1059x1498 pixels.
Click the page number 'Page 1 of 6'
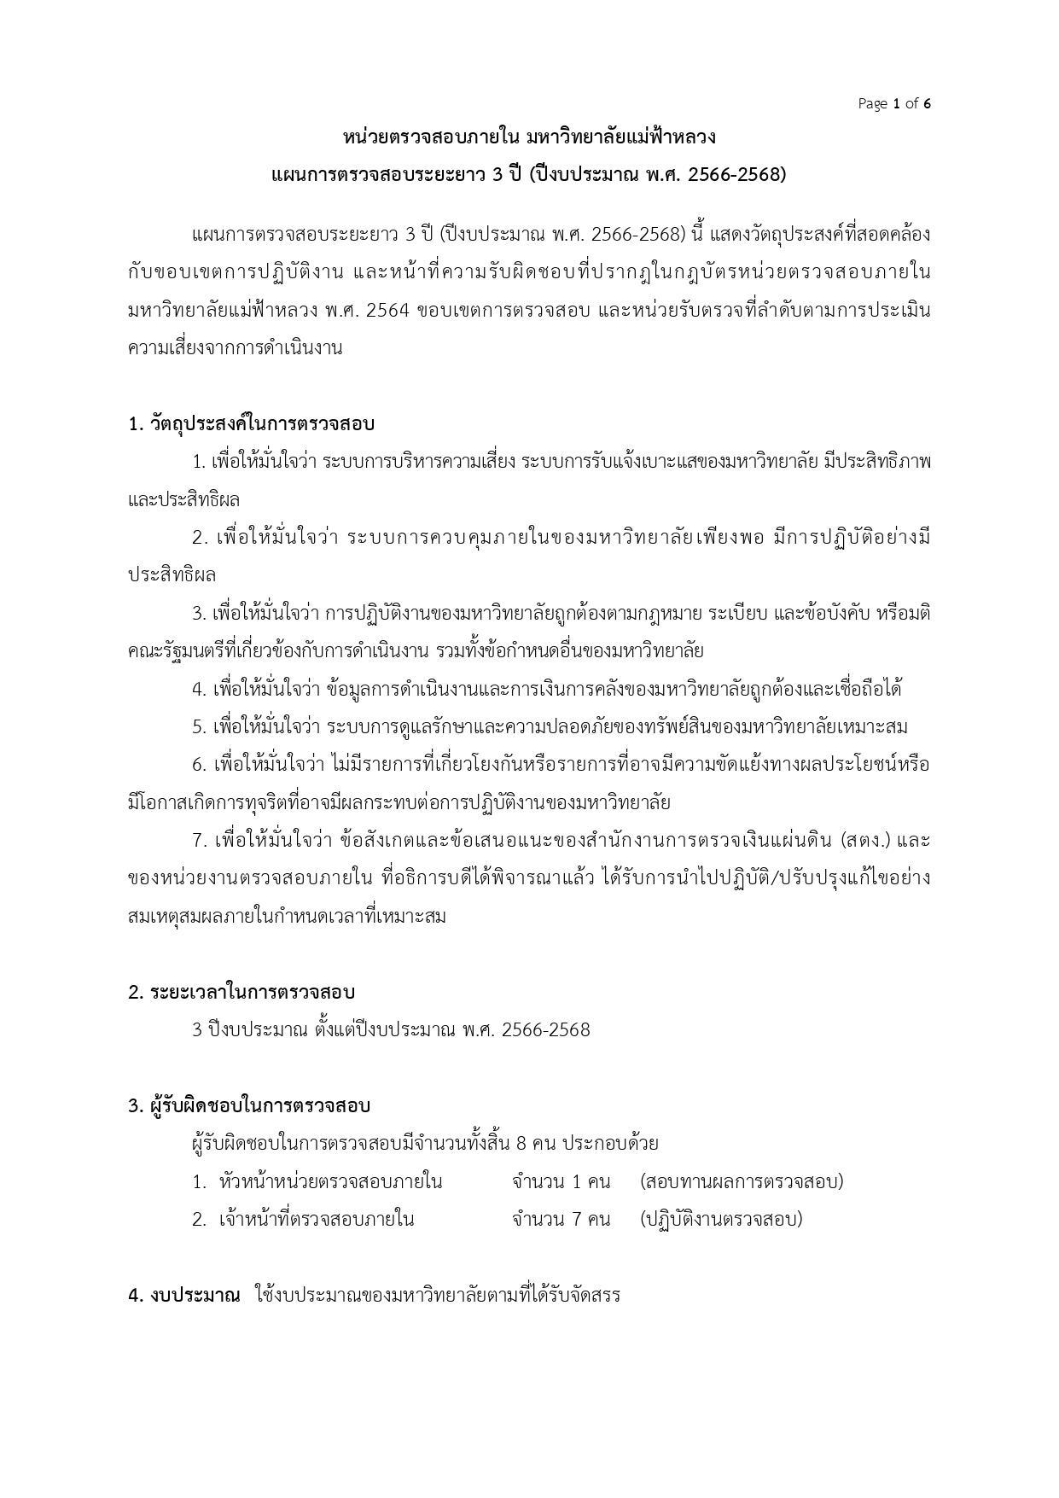[x=893, y=104]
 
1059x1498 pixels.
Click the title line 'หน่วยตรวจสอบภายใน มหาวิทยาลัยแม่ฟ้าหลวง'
[x=529, y=137]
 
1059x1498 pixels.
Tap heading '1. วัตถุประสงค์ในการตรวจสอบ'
[x=252, y=424]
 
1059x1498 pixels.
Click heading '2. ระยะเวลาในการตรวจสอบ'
[x=241, y=992]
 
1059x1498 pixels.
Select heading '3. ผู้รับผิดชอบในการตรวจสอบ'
[x=249, y=1105]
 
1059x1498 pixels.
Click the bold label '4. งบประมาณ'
[x=184, y=1295]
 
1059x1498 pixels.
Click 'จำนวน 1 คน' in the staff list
[x=561, y=1182]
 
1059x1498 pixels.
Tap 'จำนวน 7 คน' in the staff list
[x=561, y=1219]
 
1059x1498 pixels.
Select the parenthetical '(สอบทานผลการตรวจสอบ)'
[x=741, y=1182]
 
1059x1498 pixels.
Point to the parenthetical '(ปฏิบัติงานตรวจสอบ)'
[x=721, y=1219]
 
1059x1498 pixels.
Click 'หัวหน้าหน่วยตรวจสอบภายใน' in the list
[x=330, y=1182]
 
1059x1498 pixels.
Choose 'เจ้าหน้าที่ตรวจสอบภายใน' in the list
[x=317, y=1219]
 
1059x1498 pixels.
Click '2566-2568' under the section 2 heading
[x=546, y=1030]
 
